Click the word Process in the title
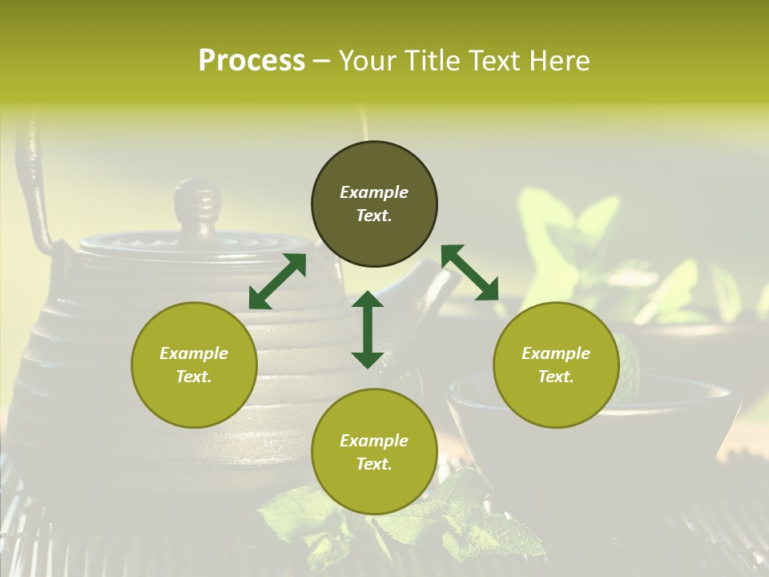(252, 61)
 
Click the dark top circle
(374, 204)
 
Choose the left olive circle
(194, 365)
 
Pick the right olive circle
(556, 365)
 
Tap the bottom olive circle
(374, 452)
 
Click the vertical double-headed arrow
(368, 329)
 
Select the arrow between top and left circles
(277, 281)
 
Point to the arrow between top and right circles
(469, 272)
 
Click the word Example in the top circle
(374, 192)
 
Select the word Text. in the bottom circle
(374, 464)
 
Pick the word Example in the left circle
(194, 353)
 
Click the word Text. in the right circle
(556, 377)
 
